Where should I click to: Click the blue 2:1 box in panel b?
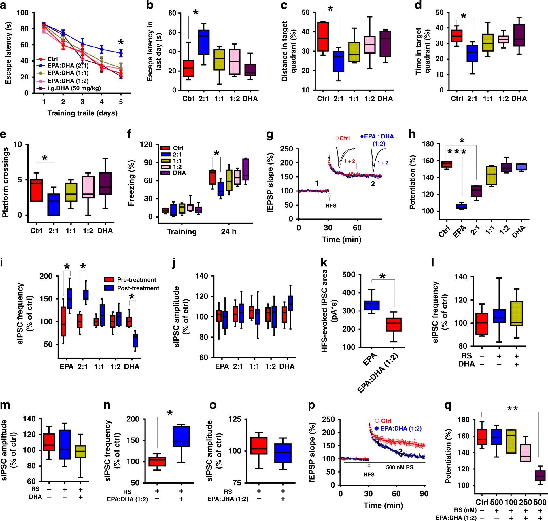pyautogui.click(x=204, y=42)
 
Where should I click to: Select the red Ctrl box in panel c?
pyautogui.click(x=323, y=37)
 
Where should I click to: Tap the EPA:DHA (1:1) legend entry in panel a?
pyautogui.click(x=68, y=73)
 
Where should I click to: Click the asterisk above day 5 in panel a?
pyautogui.click(x=121, y=43)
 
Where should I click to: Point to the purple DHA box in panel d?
pyautogui.click(x=519, y=35)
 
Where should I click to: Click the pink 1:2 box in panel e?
pyautogui.click(x=88, y=187)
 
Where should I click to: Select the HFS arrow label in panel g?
pyautogui.click(x=331, y=206)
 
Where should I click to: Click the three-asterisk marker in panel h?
pyautogui.click(x=457, y=152)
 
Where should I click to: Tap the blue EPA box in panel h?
pyautogui.click(x=462, y=206)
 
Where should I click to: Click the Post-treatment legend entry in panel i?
pyautogui.click(x=138, y=288)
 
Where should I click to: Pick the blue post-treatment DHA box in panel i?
pyautogui.click(x=135, y=341)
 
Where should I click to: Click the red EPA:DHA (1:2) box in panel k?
pyautogui.click(x=394, y=324)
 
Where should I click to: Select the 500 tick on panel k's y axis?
pyautogui.click(x=349, y=275)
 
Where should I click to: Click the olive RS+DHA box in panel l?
pyautogui.click(x=517, y=313)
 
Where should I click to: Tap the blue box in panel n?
pyautogui.click(x=181, y=436)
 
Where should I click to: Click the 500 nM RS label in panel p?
pyautogui.click(x=400, y=467)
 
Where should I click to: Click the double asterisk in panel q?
pyautogui.click(x=512, y=409)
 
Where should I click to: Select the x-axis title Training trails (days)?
pyautogui.click(x=82, y=113)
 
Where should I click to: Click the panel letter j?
pyautogui.click(x=174, y=263)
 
